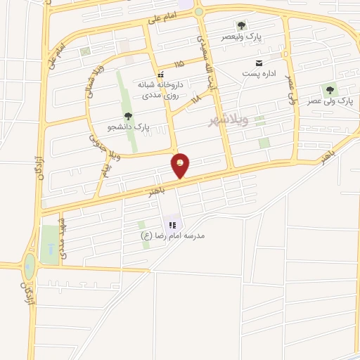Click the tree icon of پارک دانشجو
127,116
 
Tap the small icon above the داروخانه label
160,74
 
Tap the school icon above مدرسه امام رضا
172,225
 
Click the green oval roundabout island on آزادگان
29,265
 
